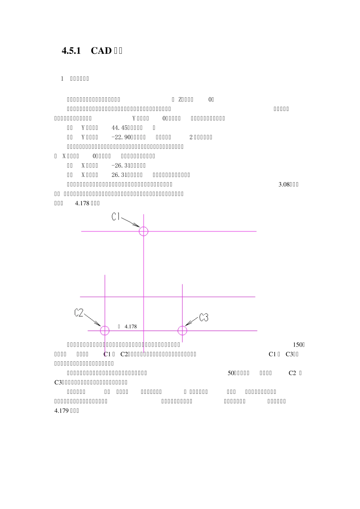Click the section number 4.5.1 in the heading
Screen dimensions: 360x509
(x=71, y=51)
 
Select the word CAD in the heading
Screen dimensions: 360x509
(x=101, y=51)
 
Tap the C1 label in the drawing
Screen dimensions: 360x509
(x=116, y=217)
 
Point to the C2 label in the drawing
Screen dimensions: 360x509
(x=79, y=313)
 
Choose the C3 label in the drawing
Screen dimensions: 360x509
(x=203, y=317)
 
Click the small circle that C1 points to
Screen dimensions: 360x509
(x=143, y=231)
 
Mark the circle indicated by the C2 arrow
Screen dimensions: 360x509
(x=105, y=331)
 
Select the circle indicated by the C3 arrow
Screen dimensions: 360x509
(x=182, y=331)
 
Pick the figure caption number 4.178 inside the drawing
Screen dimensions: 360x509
(x=130, y=326)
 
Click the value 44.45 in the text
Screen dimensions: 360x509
(x=121, y=128)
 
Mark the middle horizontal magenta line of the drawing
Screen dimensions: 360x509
(x=167, y=297)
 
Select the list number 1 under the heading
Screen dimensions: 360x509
(x=62, y=79)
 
